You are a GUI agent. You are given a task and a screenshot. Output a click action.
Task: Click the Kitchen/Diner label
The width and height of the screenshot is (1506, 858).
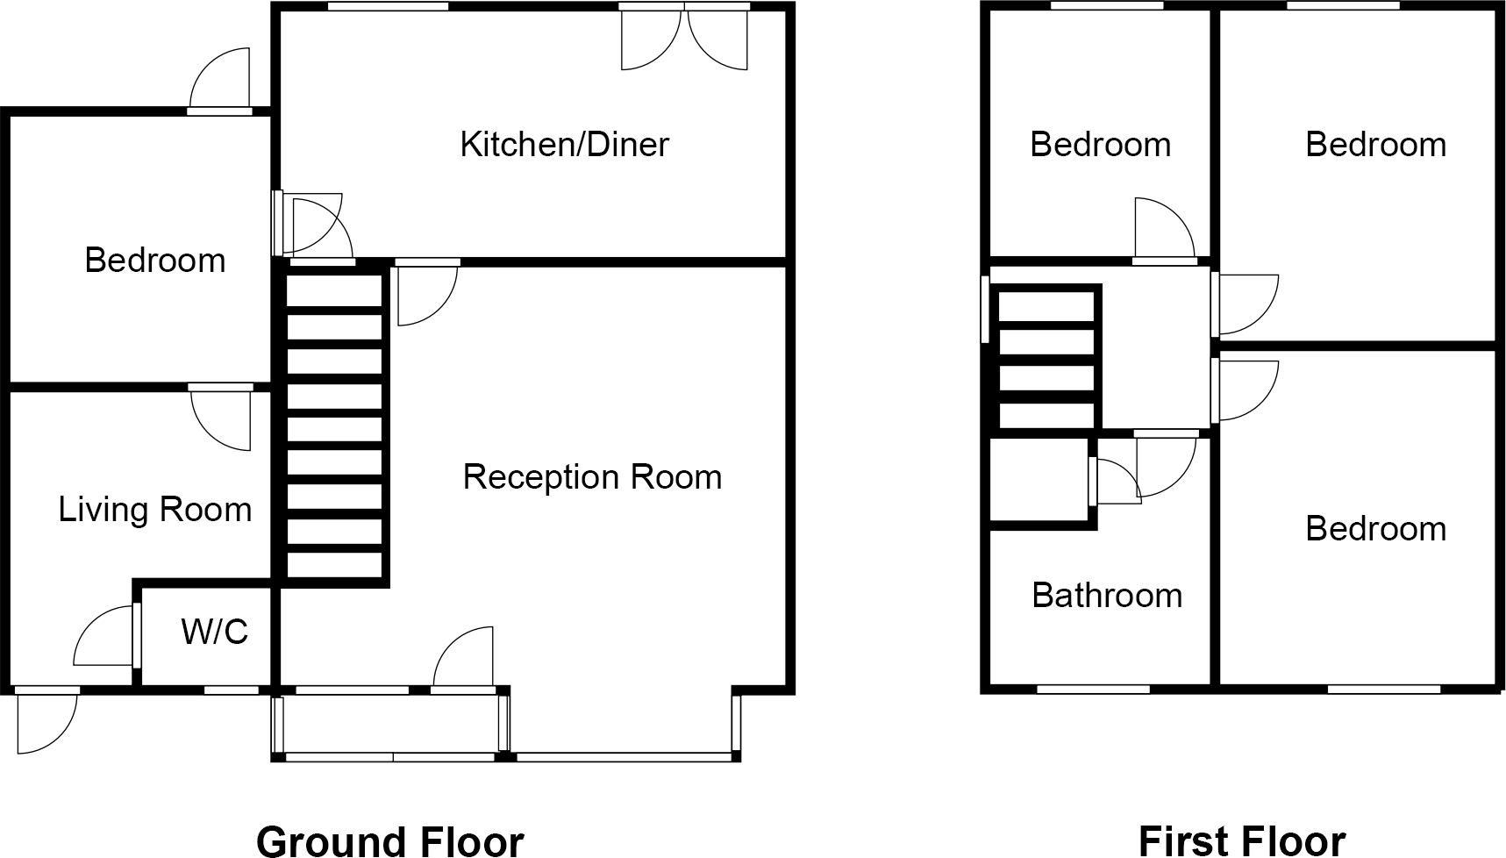[564, 145]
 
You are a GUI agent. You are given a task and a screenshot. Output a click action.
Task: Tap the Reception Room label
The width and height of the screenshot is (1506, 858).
[592, 477]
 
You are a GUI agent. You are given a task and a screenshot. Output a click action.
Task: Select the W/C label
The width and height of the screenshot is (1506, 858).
[215, 631]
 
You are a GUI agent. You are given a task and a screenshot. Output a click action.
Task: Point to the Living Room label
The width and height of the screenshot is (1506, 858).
[154, 510]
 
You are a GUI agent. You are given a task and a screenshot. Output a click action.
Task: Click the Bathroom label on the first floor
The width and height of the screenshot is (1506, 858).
[1107, 596]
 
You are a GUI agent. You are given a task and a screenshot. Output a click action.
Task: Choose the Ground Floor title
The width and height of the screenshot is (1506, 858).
[389, 840]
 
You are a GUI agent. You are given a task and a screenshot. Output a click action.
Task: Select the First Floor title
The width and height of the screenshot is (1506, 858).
[1241, 840]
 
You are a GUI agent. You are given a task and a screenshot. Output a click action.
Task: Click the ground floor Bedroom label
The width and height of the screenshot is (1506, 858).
[154, 261]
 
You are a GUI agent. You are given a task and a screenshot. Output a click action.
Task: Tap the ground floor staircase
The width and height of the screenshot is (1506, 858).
[335, 426]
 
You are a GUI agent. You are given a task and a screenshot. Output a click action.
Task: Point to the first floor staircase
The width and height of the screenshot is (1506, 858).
[1046, 359]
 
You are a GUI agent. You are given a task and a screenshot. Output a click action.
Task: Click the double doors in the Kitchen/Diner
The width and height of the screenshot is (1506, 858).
[684, 39]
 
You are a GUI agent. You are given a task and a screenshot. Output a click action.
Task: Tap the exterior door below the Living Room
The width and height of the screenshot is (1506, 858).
[46, 721]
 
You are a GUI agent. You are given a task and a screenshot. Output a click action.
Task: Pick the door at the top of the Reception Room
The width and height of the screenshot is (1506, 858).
[427, 292]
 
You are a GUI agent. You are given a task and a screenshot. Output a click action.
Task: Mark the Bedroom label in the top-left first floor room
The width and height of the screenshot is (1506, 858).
[1100, 145]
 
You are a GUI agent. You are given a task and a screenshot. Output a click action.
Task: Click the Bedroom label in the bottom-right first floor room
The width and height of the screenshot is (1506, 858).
[1375, 529]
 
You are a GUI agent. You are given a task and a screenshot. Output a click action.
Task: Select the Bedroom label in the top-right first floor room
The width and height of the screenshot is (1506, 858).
[1375, 145]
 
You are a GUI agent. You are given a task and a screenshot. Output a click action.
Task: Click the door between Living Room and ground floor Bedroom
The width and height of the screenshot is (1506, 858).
[221, 417]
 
